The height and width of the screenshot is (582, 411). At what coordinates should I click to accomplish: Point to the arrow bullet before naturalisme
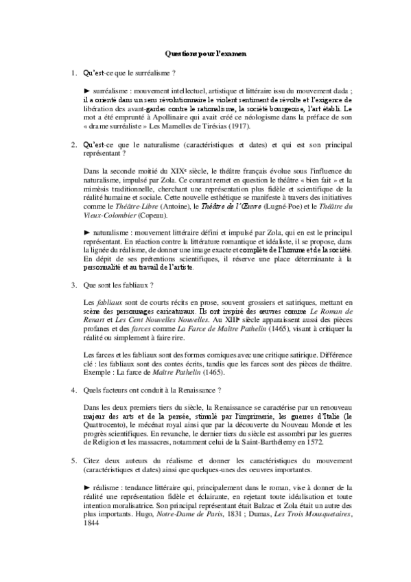(86, 234)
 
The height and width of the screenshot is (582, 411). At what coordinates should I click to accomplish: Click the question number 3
(73, 283)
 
